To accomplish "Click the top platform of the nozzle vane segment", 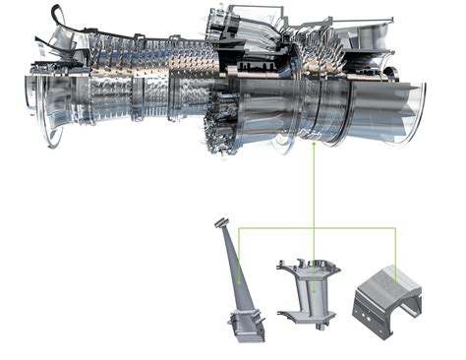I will (x=308, y=263).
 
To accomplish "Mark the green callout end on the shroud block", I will (x=395, y=281).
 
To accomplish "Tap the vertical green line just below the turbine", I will (x=314, y=187).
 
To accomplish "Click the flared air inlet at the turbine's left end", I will (x=39, y=93).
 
